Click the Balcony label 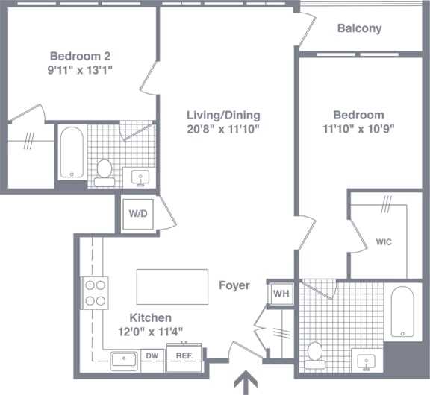[360, 28]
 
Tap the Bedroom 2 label [80, 56]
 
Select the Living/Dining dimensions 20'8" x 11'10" [223, 129]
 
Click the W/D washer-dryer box [138, 214]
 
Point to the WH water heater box [281, 294]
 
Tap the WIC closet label [384, 242]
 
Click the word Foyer [234, 285]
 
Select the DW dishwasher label [152, 355]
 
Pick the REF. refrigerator [184, 358]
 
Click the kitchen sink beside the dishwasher [124, 361]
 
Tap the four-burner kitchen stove [95, 293]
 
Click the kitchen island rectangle [172, 287]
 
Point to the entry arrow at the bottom [246, 382]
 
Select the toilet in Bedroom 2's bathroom [105, 173]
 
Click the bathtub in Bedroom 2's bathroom [72, 152]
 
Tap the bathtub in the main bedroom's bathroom [402, 312]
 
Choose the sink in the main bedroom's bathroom [367, 362]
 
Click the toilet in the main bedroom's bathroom [315, 355]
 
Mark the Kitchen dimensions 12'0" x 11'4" [150, 332]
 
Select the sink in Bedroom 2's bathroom [140, 178]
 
